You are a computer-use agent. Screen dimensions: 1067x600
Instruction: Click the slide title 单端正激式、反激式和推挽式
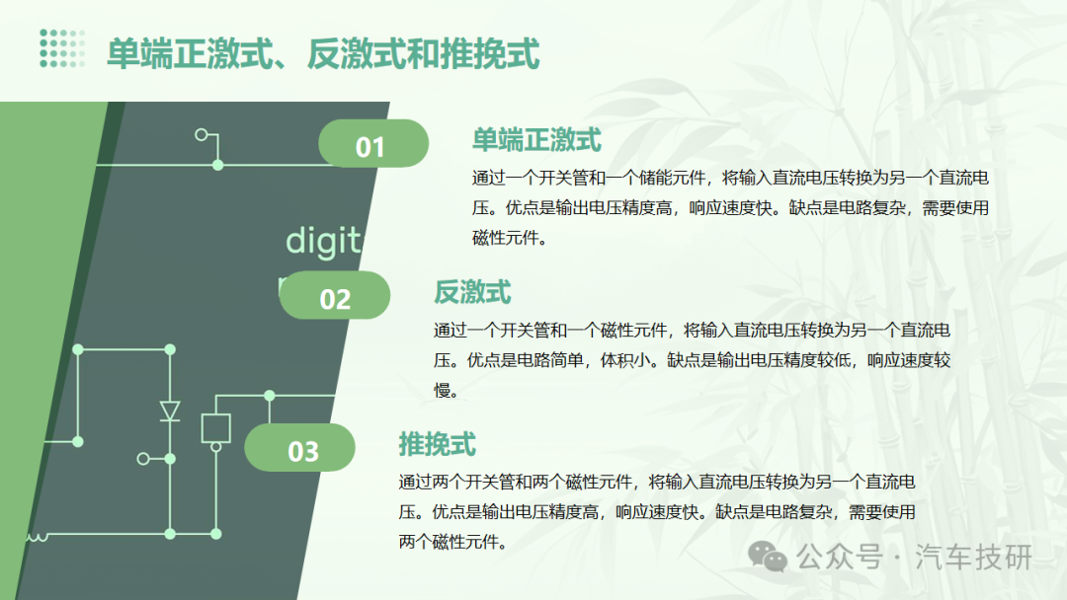pos(323,54)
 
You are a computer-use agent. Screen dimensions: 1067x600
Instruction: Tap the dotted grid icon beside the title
pos(62,48)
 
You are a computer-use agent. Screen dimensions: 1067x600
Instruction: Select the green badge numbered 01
pos(373,143)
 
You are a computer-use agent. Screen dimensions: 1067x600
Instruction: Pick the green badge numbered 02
pos(335,296)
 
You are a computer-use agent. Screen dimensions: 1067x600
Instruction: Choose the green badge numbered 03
pos(300,448)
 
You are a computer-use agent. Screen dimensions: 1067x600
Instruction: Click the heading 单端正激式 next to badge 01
pos(536,140)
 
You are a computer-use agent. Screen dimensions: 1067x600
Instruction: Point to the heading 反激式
pos(472,292)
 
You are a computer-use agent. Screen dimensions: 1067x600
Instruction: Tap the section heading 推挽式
pos(437,444)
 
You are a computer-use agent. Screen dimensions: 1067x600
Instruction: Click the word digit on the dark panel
pos(323,241)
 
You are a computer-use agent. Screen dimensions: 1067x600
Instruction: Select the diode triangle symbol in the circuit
pos(170,412)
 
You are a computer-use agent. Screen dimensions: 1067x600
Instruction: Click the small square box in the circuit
pos(215,428)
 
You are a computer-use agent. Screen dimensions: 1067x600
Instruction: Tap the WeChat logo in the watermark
pos(768,558)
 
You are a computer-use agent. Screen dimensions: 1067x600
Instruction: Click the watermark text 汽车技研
pos(974,558)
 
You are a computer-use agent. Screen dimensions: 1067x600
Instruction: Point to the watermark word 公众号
pos(841,558)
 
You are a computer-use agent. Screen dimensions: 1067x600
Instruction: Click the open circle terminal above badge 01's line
pos(202,134)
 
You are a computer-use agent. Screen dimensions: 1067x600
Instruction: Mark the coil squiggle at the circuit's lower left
pos(37,538)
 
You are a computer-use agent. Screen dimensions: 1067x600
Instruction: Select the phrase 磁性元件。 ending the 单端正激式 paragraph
pos(510,238)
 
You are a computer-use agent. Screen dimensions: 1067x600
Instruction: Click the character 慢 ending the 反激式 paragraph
pos(443,390)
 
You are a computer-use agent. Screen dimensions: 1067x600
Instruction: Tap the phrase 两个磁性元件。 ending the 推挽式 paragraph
pos(453,542)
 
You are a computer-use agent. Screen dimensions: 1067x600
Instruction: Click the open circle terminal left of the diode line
pos(143,459)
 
